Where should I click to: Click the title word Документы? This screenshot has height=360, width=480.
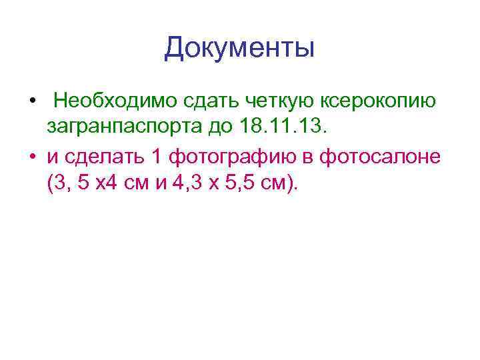pyautogui.click(x=239, y=49)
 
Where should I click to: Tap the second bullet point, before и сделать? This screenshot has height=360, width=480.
pyautogui.click(x=31, y=157)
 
